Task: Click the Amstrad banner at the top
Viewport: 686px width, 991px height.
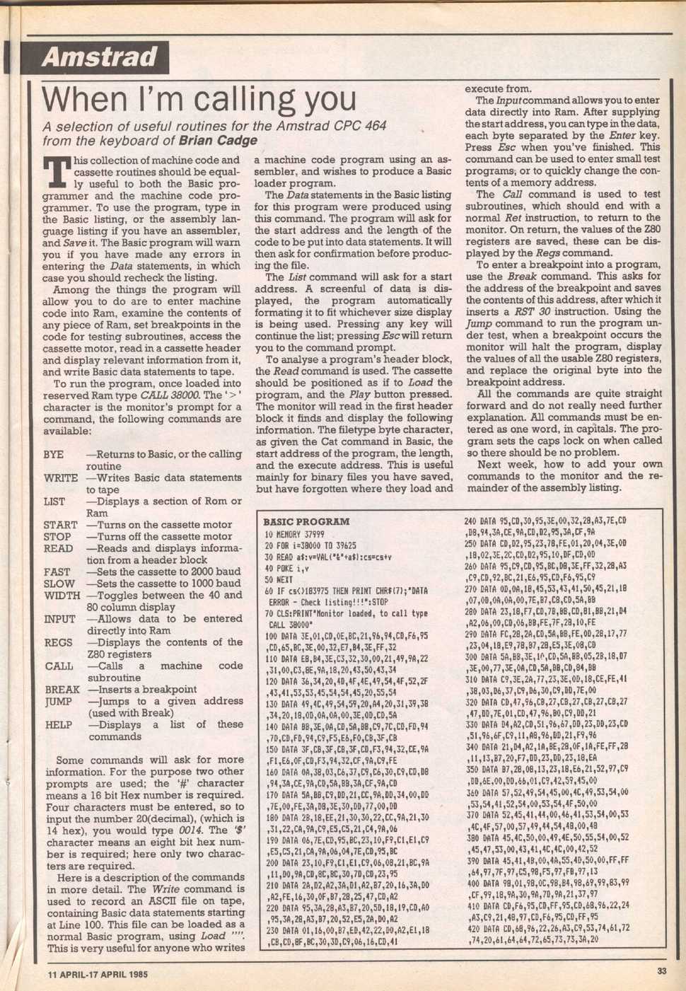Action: [98, 57]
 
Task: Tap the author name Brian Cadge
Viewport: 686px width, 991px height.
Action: [218, 140]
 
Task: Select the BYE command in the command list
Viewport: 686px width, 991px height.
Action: [53, 454]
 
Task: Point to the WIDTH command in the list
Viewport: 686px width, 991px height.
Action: [61, 595]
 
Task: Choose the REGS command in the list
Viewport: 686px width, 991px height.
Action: [57, 642]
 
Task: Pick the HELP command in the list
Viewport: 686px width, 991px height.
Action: [58, 724]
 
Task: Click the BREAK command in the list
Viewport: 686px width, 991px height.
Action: [62, 689]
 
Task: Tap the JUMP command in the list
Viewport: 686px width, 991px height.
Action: [59, 701]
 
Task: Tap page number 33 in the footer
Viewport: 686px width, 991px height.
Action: [661, 971]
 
